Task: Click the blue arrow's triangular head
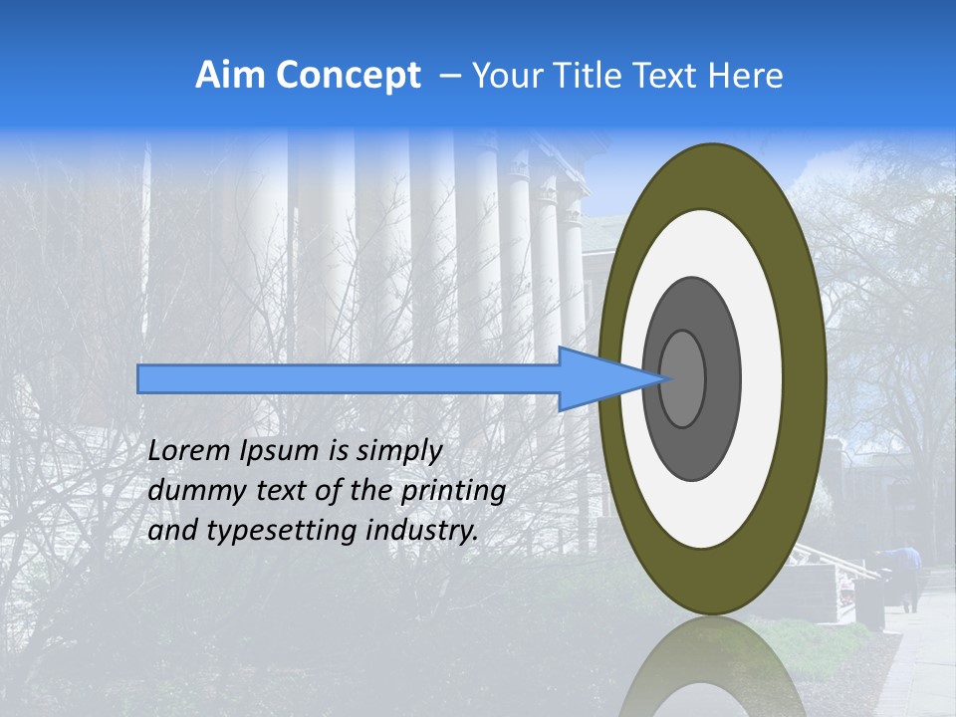click(597, 378)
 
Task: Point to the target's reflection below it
click(713, 672)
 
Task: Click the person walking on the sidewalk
click(908, 578)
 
